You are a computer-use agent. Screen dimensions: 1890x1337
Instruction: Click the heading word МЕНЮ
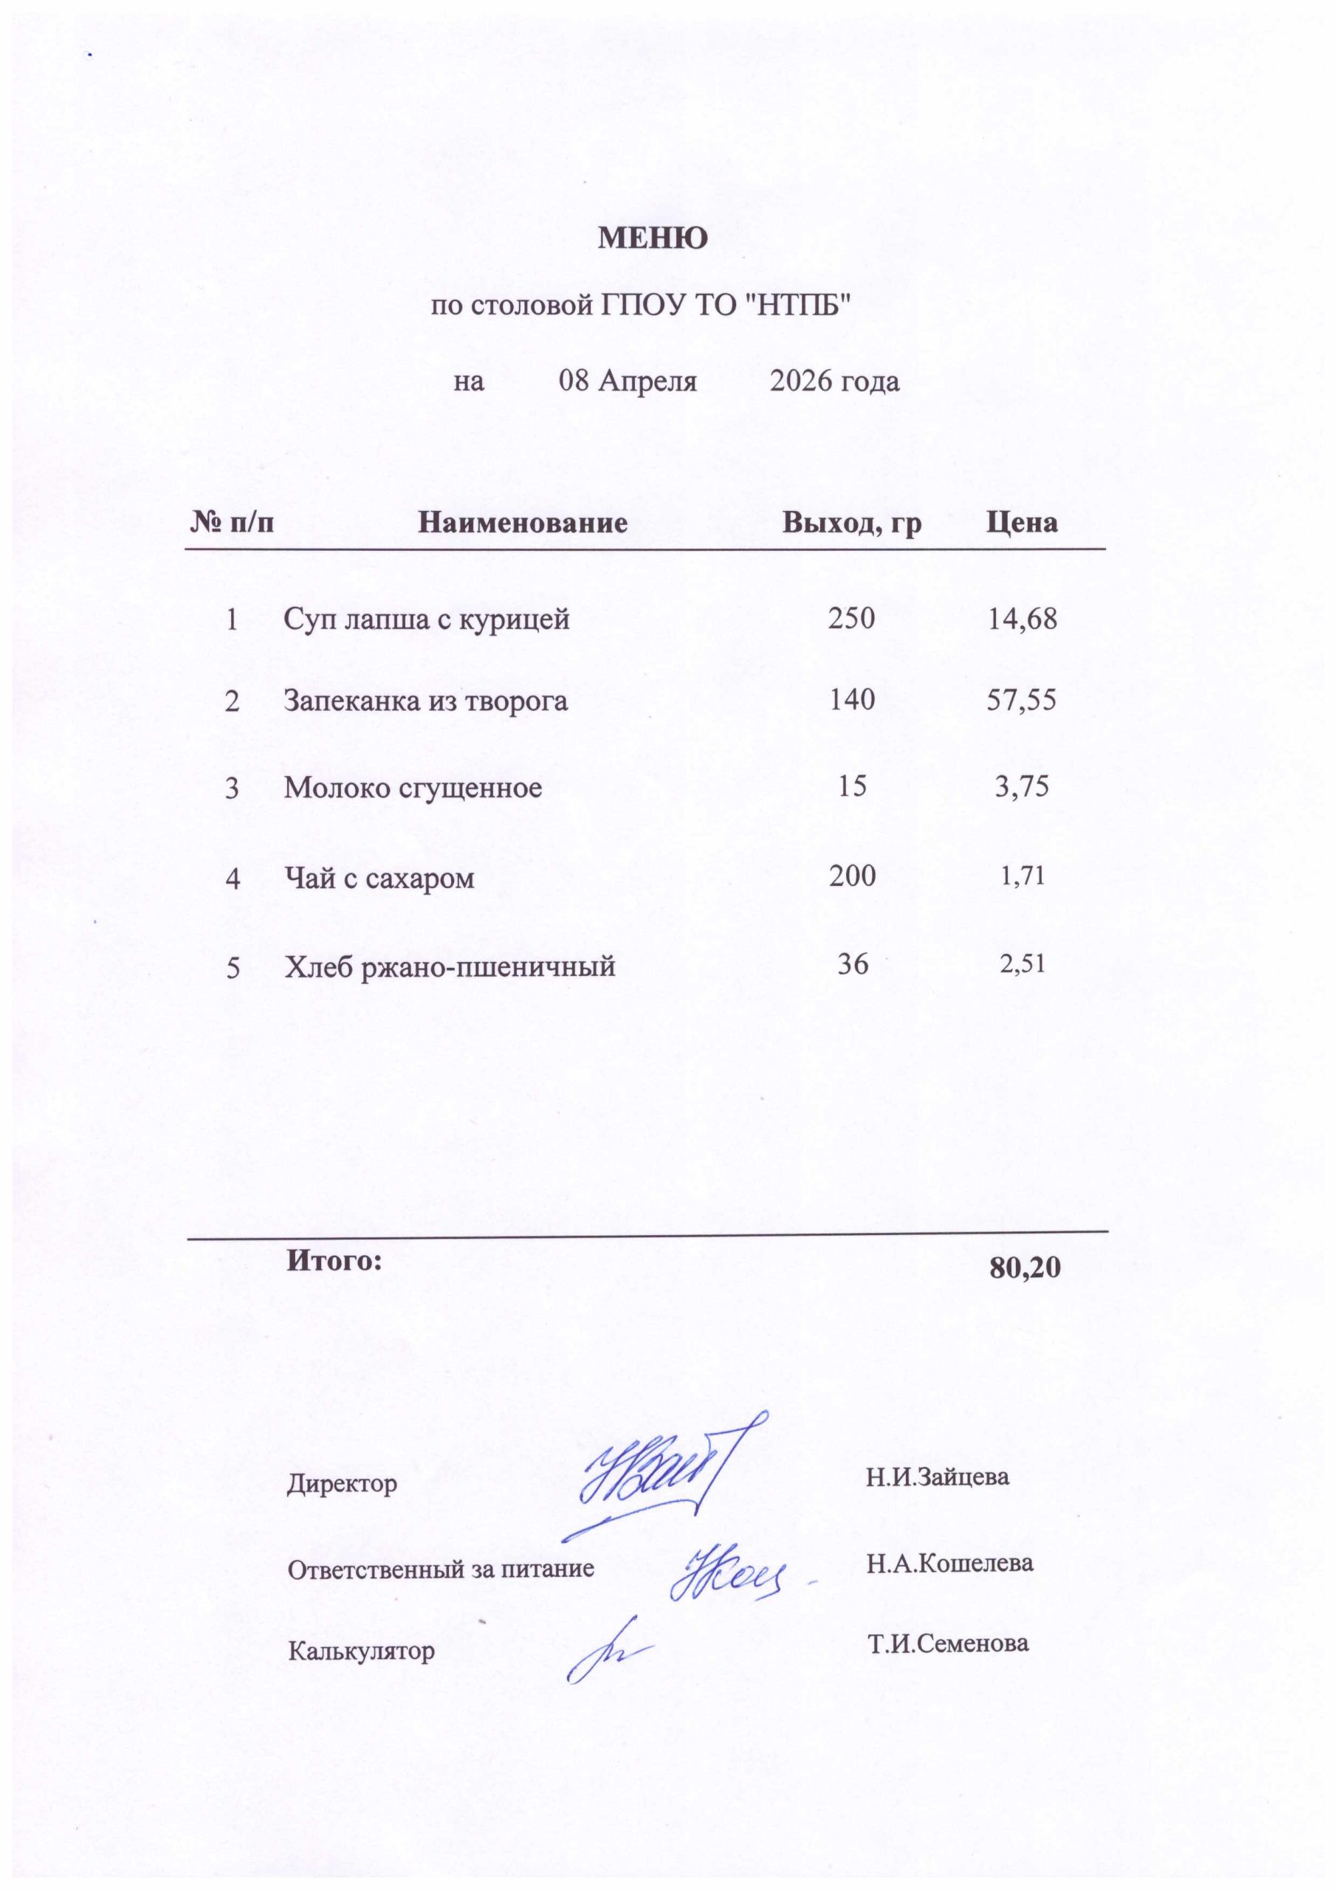[x=652, y=238]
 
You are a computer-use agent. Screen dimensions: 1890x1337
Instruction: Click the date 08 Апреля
[x=628, y=381]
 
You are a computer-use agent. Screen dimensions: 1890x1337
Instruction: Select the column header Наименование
[x=523, y=522]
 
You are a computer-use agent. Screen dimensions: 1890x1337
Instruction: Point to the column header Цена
[x=1022, y=522]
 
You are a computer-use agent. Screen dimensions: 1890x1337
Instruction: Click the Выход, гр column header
[x=851, y=522]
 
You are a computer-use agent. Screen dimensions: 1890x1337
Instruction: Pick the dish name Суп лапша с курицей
[x=427, y=618]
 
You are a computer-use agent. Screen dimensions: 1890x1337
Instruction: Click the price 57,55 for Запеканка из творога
[x=1021, y=700]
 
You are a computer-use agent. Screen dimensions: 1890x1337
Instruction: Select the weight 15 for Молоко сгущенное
[x=852, y=786]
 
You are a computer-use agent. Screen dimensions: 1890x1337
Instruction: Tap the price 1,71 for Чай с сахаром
[x=1022, y=876]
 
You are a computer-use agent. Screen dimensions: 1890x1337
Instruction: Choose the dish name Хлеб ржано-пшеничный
[x=450, y=965]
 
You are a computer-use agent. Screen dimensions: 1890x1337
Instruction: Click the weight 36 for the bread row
[x=853, y=963]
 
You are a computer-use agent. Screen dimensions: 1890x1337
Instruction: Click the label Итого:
[x=334, y=1260]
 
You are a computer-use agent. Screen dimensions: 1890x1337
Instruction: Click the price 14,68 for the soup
[x=1022, y=618]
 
